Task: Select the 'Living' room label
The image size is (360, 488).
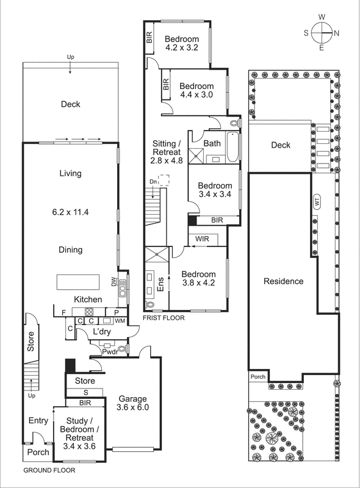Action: click(70, 174)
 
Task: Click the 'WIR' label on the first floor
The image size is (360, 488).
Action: click(203, 239)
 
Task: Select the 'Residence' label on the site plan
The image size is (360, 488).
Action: click(283, 281)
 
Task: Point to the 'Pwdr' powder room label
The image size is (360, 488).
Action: click(110, 351)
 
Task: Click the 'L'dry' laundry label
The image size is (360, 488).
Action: click(101, 331)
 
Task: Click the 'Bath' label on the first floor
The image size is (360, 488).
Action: click(212, 143)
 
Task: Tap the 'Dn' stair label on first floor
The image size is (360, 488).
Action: click(153, 182)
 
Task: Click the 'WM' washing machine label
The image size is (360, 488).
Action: click(120, 320)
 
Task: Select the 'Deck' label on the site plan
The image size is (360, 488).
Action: click(280, 145)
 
